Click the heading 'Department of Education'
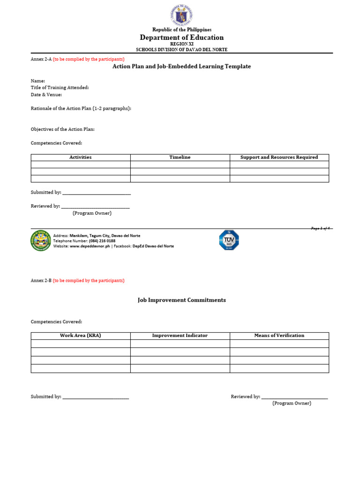point(182,37)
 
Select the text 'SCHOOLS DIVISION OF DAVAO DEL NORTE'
point(182,50)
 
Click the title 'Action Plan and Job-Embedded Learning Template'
point(182,67)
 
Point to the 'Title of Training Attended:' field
point(60,88)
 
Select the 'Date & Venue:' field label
point(46,95)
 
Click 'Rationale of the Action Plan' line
point(81,108)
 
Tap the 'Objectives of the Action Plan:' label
point(66,129)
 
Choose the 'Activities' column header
point(81,157)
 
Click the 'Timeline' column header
point(180,157)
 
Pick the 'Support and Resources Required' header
point(279,157)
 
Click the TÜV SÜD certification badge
point(229,240)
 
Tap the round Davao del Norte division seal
point(41,240)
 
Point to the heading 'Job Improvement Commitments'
point(182,300)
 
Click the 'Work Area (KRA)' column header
point(81,336)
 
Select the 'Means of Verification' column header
point(279,336)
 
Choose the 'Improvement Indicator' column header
point(180,336)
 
